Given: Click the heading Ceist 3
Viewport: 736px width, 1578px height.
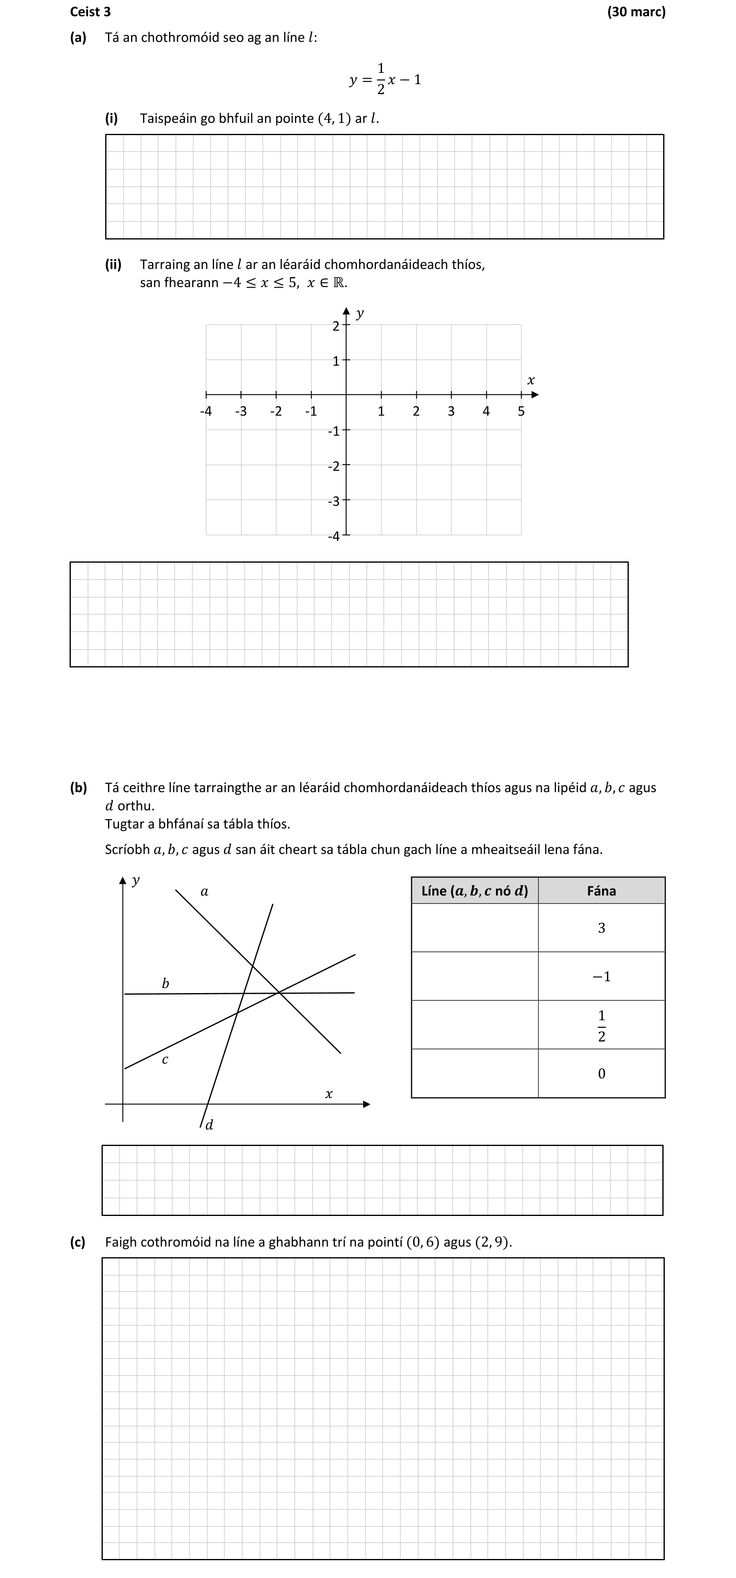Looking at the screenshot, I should (x=90, y=12).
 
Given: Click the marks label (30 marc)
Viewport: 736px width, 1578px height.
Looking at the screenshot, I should (x=636, y=12).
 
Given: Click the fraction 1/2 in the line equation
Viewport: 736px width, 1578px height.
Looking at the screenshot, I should (x=381, y=79).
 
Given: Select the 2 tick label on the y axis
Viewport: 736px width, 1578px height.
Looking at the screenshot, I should (x=335, y=326).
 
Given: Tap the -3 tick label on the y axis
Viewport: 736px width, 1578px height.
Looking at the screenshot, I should (x=333, y=502).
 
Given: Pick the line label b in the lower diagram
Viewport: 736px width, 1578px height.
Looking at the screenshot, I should (x=165, y=983).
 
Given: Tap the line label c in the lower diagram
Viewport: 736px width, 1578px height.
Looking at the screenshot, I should (x=165, y=1059).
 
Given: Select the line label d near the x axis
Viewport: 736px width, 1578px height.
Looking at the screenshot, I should (x=209, y=1125).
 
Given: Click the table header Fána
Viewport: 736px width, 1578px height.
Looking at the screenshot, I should (x=601, y=891).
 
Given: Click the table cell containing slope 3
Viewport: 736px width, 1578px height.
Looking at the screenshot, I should (x=601, y=928).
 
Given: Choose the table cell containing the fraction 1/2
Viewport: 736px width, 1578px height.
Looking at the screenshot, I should (x=601, y=1025).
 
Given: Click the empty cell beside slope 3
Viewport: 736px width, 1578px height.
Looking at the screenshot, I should (x=475, y=928).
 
